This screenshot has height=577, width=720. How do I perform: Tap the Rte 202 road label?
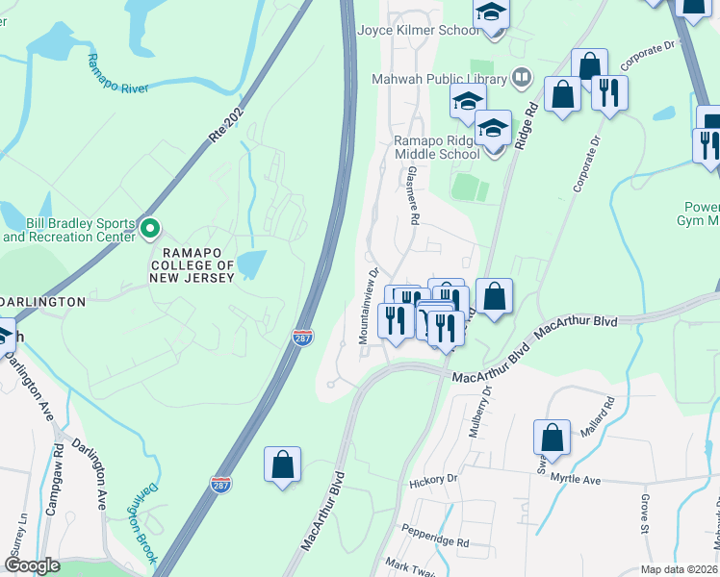coord(225,123)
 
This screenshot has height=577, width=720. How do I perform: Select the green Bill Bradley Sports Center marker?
coord(149,228)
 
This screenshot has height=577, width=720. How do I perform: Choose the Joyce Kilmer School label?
coord(418,30)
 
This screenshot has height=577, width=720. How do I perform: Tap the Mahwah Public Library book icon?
coord(521,75)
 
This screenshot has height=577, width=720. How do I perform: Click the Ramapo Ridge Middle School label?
coord(436,147)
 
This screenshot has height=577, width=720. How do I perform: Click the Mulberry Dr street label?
coord(480,411)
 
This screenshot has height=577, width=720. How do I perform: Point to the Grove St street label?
coord(646,515)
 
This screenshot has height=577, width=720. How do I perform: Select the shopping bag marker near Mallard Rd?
coord(553,438)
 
